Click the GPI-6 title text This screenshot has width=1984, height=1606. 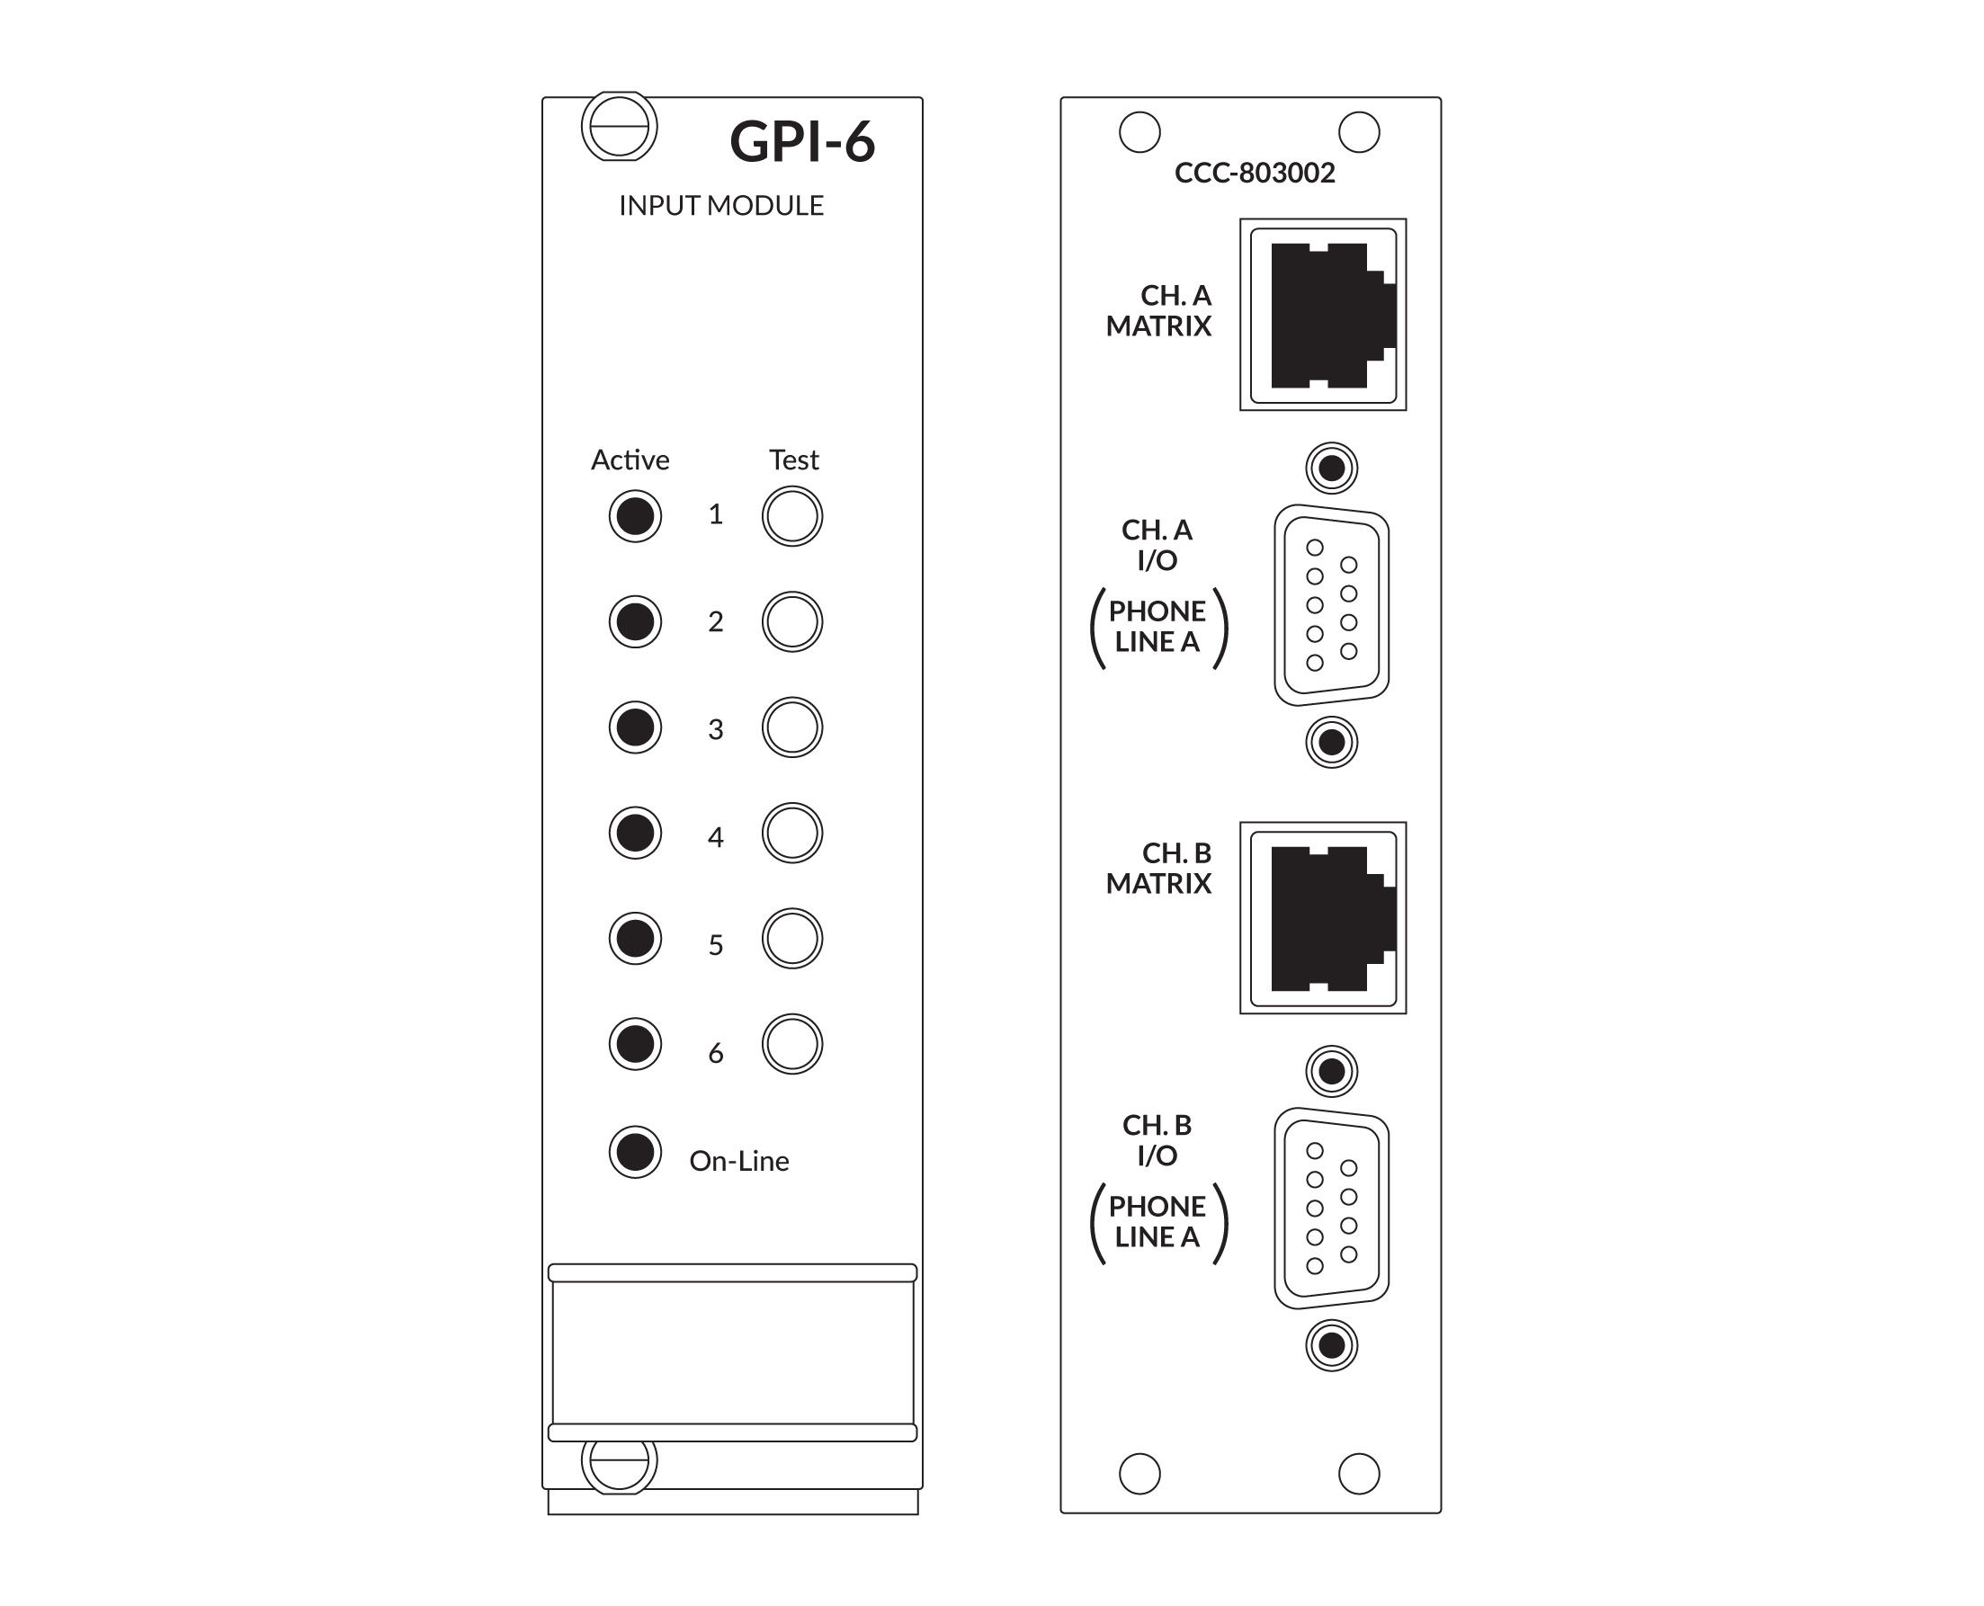tap(801, 141)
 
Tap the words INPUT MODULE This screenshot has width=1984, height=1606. tap(721, 205)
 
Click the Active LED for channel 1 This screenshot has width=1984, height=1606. tap(635, 515)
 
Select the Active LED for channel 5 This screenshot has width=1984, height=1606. tap(635, 938)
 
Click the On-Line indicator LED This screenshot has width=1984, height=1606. tap(635, 1152)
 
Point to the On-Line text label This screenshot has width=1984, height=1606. tap(739, 1161)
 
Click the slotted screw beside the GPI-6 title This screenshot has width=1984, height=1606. tap(619, 126)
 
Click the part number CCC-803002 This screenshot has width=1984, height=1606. tap(1254, 173)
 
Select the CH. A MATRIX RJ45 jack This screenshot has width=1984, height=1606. tap(1323, 315)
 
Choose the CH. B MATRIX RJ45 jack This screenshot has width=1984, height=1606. tap(1323, 918)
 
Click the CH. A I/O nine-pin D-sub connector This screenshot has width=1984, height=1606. tap(1332, 605)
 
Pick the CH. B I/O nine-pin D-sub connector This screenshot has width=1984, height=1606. tap(1332, 1209)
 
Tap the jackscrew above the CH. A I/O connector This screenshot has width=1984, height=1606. tap(1332, 468)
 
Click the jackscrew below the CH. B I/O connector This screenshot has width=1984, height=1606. tap(1332, 1345)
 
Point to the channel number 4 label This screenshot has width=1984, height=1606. tap(715, 837)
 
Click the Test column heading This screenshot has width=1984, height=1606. tap(794, 459)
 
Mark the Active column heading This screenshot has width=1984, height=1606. tap(630, 459)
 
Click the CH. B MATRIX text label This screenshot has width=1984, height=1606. tap(1158, 868)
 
